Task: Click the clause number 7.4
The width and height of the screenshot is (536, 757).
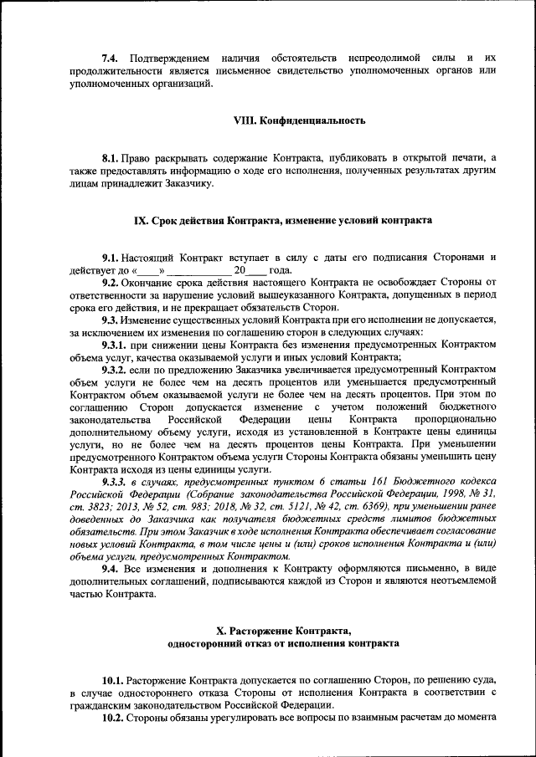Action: (110, 58)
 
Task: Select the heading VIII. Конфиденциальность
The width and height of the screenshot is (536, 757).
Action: (299, 120)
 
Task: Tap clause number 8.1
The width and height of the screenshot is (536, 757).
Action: (111, 157)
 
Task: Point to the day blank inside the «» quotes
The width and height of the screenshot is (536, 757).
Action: (147, 270)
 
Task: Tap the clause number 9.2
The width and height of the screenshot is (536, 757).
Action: (111, 283)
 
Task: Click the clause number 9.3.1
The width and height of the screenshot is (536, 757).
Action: (116, 345)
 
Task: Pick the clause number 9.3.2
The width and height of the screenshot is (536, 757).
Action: (116, 369)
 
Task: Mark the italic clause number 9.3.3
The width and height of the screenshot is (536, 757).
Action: (116, 482)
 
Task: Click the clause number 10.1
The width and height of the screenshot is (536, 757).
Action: (113, 680)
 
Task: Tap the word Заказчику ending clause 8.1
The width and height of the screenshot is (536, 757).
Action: (189, 182)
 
